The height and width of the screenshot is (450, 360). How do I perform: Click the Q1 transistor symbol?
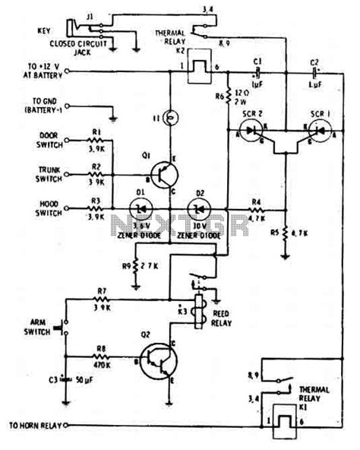[161, 175]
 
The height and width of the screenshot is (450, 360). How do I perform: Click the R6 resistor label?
[219, 95]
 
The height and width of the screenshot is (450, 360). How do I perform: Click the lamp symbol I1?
[169, 118]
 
